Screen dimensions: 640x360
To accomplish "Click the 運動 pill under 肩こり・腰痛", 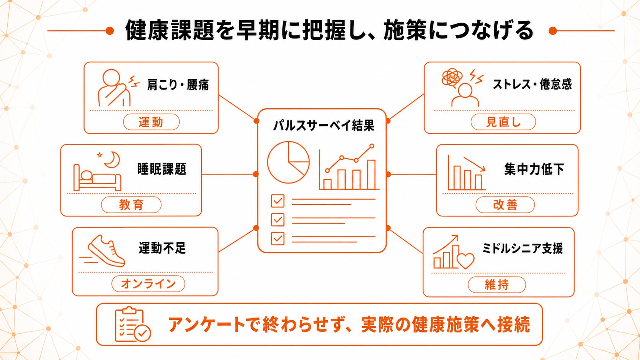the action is coord(151,122).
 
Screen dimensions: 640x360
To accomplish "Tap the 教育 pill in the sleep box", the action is coord(131,205).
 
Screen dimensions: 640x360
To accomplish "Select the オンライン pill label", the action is coord(148,284).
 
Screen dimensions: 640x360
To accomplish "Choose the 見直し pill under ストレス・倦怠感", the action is coord(503,122).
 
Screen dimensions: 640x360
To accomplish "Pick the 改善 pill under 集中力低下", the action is coord(505,205).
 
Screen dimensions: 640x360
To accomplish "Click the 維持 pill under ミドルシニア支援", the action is coord(496,285).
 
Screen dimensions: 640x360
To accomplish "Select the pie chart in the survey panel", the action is coord(288,162).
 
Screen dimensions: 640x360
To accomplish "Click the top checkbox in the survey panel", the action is coord(278,201).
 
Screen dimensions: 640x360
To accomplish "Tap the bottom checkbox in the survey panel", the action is coord(278,238).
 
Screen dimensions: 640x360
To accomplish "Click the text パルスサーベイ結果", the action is coord(324,125).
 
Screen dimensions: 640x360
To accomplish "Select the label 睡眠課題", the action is coord(162,169).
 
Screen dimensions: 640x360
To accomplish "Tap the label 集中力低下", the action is coord(534,169).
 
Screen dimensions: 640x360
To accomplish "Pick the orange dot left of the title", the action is coord(109,31).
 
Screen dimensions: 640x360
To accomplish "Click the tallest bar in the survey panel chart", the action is coord(371,174).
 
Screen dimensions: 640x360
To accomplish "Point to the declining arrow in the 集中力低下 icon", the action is coord(474,164).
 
